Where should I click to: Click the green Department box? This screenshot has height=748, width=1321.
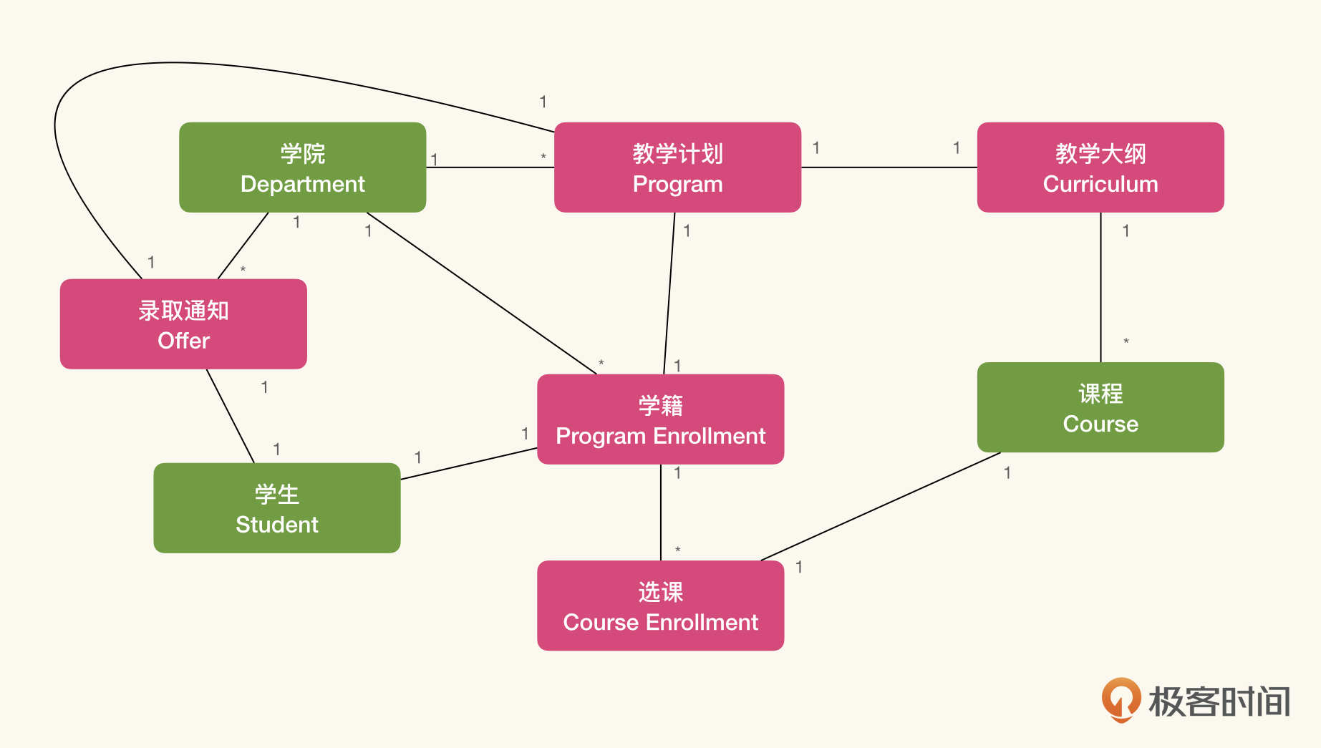click(302, 167)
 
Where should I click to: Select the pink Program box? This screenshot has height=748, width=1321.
click(677, 167)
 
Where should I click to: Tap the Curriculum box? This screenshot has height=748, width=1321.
click(1100, 167)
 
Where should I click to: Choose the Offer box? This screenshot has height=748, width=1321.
click(183, 324)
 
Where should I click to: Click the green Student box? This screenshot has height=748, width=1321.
click(276, 508)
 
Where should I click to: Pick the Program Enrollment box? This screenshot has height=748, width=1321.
click(660, 419)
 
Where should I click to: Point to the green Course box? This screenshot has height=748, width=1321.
click(1100, 407)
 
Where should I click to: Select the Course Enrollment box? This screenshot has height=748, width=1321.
click(660, 606)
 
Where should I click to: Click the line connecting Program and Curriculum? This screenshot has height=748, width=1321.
click(889, 167)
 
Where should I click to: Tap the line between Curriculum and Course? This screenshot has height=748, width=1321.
click(1100, 286)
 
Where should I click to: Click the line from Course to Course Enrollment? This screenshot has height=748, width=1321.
click(881, 506)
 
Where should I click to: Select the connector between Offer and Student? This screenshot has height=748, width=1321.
click(230, 416)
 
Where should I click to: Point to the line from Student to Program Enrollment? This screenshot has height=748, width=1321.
click(469, 464)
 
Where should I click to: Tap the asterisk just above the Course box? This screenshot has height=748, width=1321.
click(1126, 342)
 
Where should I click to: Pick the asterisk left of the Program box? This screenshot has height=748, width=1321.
click(543, 157)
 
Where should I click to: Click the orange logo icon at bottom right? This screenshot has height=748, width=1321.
click(1121, 699)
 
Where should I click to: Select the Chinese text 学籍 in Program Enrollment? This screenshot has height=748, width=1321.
click(660, 405)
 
